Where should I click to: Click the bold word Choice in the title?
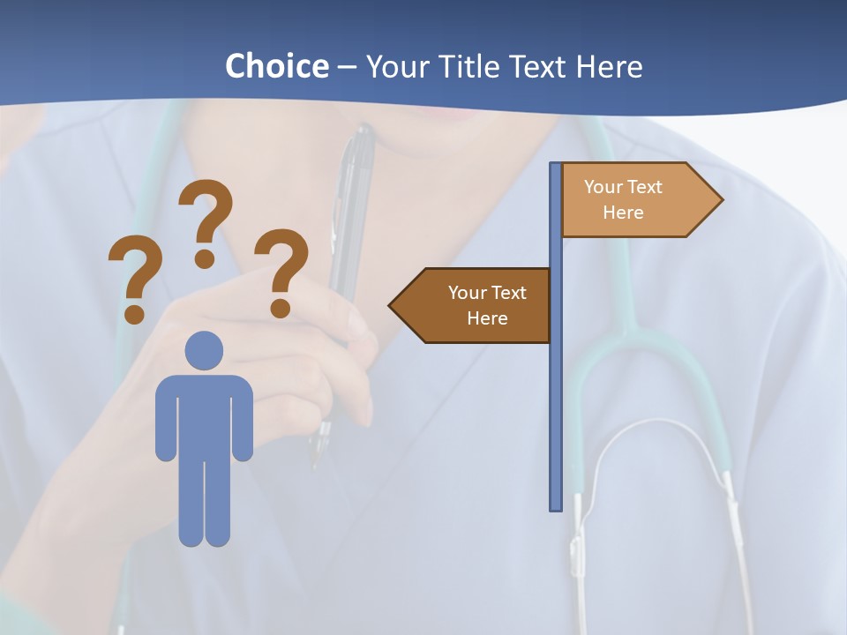point(276,66)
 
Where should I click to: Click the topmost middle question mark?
point(206,220)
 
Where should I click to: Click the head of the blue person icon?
point(204,350)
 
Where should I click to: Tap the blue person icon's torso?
point(204,415)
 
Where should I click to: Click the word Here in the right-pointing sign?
point(623,213)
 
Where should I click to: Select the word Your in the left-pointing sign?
point(466,293)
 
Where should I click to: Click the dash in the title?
point(347,67)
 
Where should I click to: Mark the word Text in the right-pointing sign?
point(645,187)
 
